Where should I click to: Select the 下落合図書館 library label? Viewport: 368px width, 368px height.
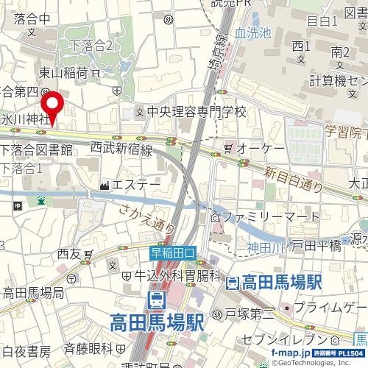pyautogui.click(x=36, y=150)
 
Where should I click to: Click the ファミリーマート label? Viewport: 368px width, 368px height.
pyautogui.click(x=268, y=218)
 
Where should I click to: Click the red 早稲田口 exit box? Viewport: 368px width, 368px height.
pyautogui.click(x=174, y=252)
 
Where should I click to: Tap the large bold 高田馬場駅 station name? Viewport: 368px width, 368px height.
pyautogui.click(x=157, y=322)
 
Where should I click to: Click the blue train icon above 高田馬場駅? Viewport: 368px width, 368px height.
pyautogui.click(x=156, y=300)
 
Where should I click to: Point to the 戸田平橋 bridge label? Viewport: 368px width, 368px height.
pyautogui.click(x=317, y=246)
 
